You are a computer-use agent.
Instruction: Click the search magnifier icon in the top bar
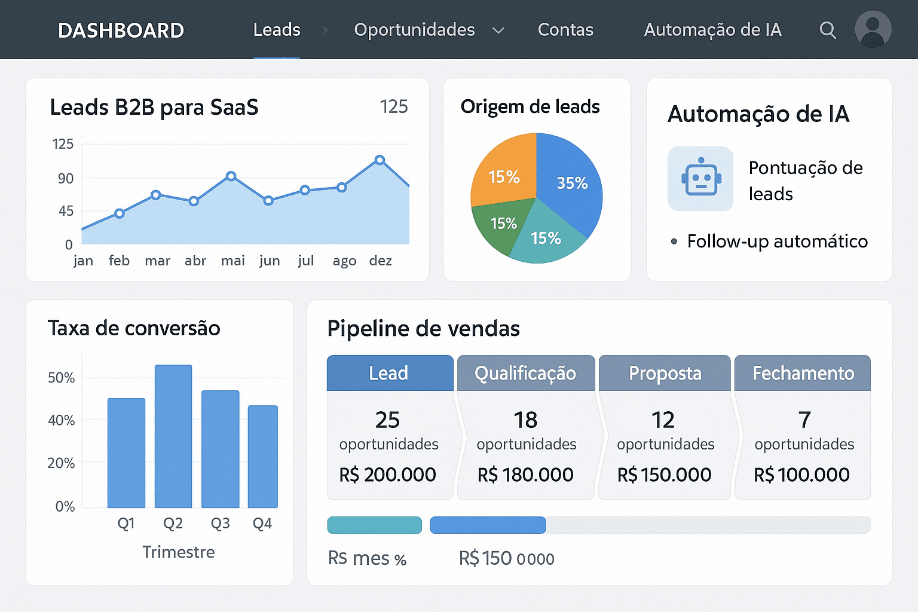827,30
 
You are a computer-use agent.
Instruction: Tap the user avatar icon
873,29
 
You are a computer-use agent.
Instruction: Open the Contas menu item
565,30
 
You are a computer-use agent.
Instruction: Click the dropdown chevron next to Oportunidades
498,30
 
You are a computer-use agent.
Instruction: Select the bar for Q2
173,436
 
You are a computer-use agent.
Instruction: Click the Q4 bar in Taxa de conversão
263,457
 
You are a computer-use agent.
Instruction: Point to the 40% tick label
62,421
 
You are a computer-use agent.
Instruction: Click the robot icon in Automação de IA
700,179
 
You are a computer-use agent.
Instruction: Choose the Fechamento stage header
803,374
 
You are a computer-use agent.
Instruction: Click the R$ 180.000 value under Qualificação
525,475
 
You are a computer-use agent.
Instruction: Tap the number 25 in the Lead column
387,420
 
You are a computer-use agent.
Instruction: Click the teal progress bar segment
375,525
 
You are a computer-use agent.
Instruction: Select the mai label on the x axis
232,261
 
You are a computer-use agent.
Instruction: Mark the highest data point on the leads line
380,160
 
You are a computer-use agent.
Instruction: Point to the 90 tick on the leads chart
66,179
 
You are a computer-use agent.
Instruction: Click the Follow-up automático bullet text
777,241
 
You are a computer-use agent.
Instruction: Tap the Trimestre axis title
179,552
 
